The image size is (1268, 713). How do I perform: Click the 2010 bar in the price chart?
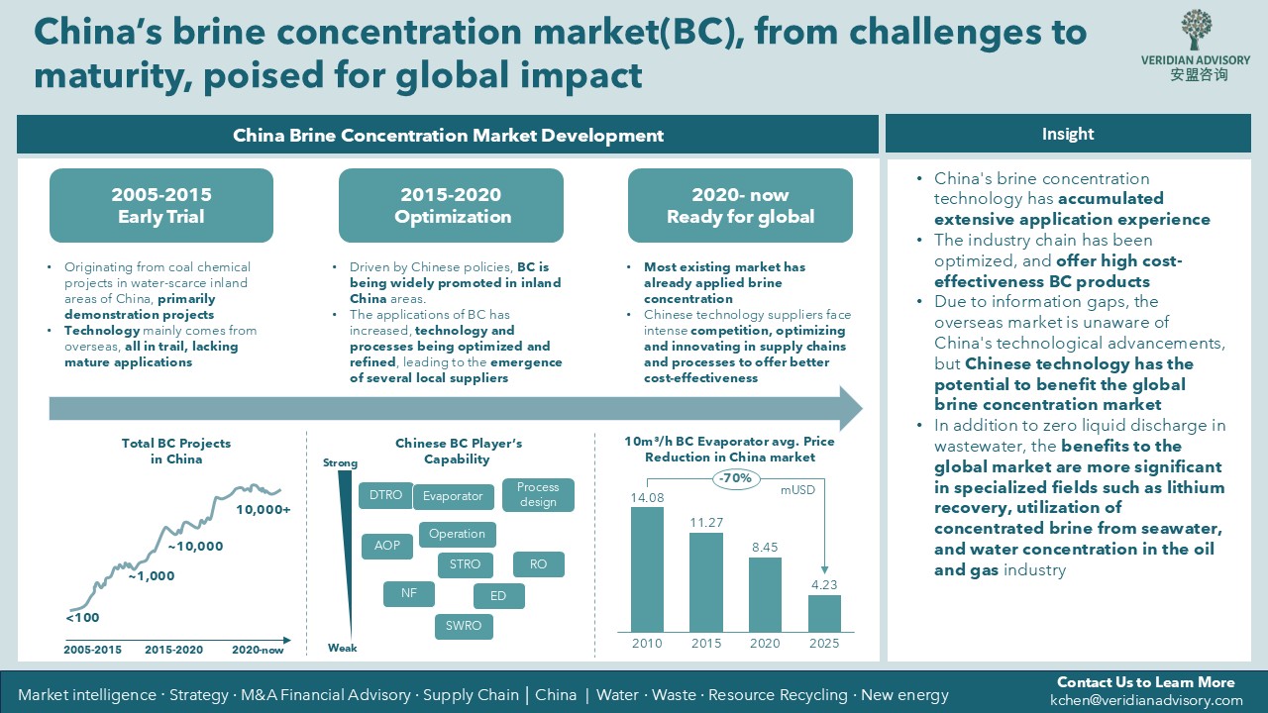point(647,569)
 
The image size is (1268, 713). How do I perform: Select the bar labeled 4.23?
point(824,613)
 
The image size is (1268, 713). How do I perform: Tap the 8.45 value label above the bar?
point(765,548)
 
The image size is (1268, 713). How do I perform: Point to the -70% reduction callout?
point(735,478)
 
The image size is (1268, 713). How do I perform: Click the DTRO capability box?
point(385,495)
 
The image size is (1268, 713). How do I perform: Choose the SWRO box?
point(464,626)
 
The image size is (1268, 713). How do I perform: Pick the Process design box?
point(538,494)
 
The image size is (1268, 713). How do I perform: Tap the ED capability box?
point(498,596)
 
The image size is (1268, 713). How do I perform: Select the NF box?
point(409,593)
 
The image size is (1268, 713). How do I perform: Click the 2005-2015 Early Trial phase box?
point(161,205)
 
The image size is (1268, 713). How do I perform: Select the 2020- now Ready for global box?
point(740,205)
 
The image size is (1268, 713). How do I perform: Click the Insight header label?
point(1068,134)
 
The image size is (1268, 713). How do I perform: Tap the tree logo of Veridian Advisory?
point(1195,29)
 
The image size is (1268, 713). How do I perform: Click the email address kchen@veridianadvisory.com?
point(1146,700)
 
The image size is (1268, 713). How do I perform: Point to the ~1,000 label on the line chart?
point(152,576)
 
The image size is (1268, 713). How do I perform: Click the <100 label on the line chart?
point(82,617)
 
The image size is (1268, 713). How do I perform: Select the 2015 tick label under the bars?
point(706,644)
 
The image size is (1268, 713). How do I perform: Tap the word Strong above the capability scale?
point(340,462)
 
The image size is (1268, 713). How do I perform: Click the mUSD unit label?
point(797,490)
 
